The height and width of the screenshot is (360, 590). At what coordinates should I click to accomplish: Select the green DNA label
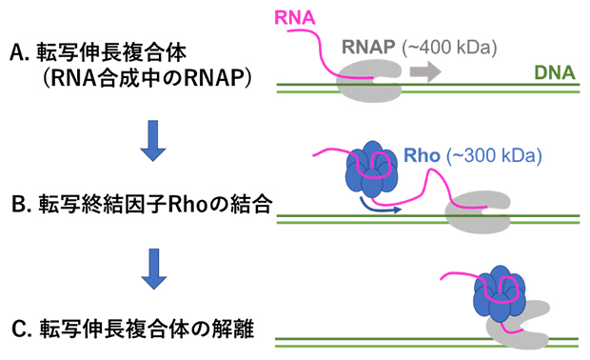click(552, 71)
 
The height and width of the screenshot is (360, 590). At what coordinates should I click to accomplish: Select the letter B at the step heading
click(13, 203)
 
